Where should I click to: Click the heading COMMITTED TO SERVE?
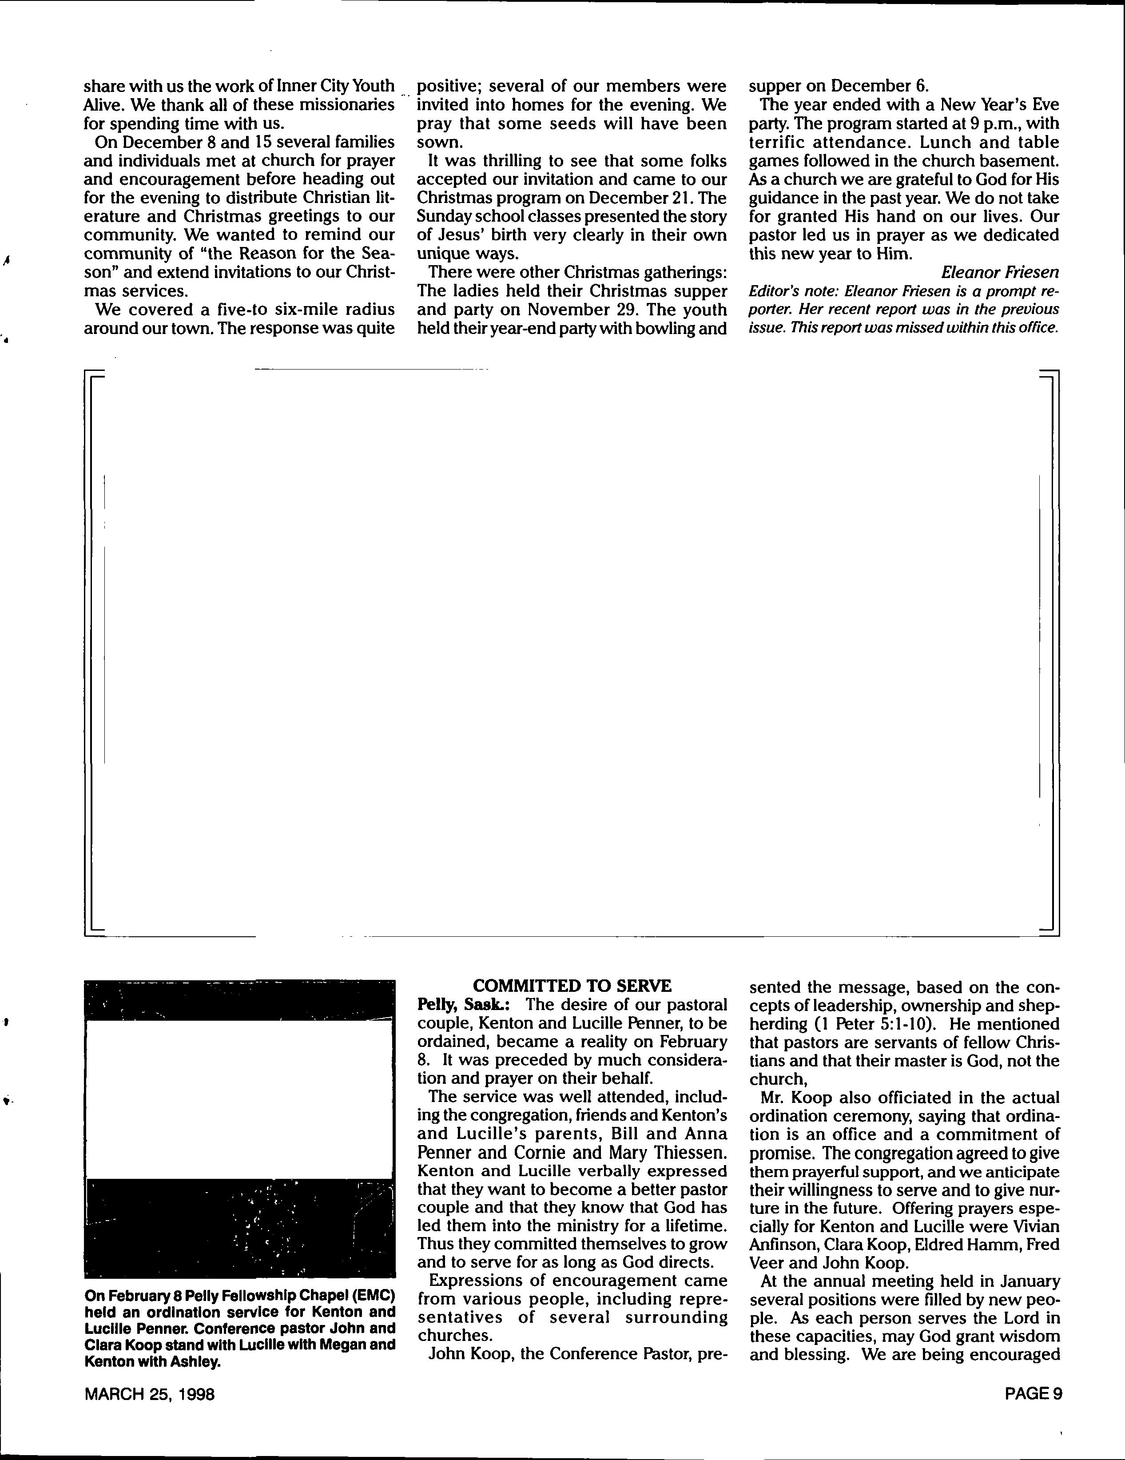click(x=572, y=986)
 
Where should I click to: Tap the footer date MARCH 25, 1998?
click(x=149, y=1394)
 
